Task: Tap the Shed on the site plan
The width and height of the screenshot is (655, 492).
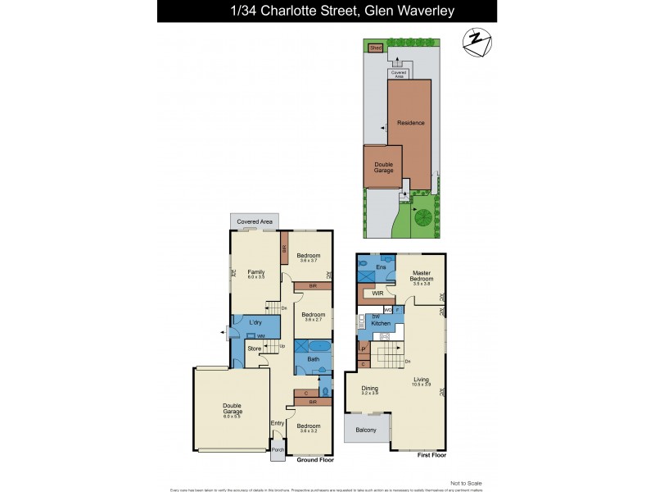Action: coord(376,48)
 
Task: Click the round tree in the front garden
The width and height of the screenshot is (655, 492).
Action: coord(423,217)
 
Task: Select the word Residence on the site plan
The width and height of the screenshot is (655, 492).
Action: coord(410,123)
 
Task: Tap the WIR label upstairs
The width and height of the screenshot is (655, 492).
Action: coord(378,292)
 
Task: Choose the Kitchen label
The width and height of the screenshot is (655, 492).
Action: coord(381,324)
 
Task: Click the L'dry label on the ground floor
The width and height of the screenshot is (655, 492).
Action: coord(255,323)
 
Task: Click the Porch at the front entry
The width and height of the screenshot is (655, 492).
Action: coord(278,449)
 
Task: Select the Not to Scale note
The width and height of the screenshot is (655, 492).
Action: coord(466,483)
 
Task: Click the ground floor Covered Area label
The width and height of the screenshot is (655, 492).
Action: coord(255,222)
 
